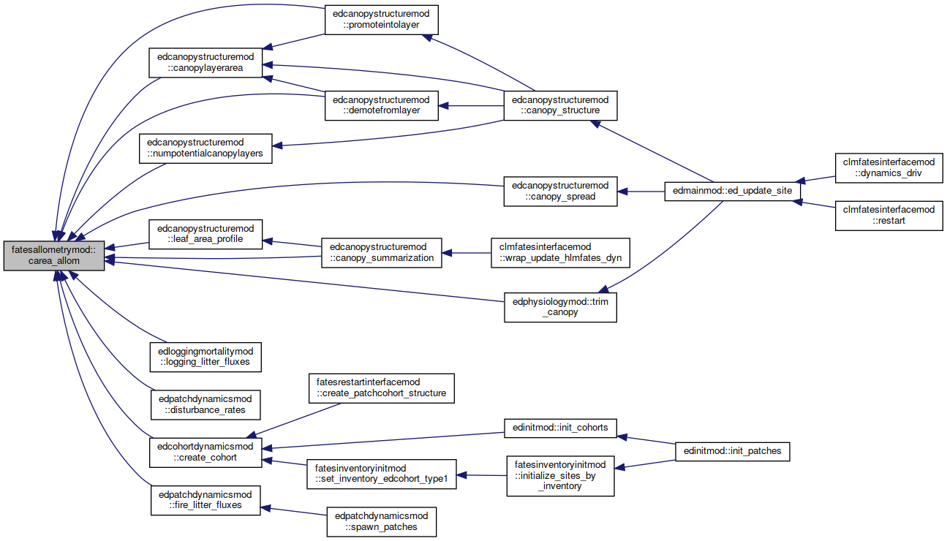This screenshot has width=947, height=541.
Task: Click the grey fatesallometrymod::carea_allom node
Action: pos(54,256)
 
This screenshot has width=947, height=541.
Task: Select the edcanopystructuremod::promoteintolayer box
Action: pos(381,20)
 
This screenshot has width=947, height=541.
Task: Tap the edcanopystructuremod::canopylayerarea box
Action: pos(205,63)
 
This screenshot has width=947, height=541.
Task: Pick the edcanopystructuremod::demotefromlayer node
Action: pos(381,106)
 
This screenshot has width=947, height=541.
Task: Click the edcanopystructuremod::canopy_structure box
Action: pos(561,106)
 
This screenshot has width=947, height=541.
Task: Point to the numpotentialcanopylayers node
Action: pos(205,148)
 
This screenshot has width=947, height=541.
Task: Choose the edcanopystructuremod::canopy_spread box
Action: pos(561,192)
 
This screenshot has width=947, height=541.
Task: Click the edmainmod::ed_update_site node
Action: pos(732,191)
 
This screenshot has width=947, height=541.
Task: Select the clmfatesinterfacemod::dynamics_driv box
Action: pos(888,168)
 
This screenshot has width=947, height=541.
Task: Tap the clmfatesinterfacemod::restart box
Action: pos(888,216)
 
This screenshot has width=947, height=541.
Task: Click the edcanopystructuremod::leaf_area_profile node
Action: pos(205,234)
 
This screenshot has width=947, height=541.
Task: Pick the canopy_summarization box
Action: pos(381,253)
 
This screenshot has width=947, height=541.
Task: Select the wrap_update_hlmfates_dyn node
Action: pos(561,253)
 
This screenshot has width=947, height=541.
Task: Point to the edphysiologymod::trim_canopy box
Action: pos(561,307)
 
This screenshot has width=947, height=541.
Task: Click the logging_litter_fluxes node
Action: pos(205,357)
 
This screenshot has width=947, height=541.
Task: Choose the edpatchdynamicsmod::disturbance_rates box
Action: pos(205,405)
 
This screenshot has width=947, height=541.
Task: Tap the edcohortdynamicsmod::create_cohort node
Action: pos(205,453)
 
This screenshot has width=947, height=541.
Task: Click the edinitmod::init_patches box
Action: pos(732,451)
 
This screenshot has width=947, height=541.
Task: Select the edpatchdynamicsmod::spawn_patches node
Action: pos(381,522)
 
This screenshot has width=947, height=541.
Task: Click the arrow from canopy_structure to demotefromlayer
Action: pos(471,106)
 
